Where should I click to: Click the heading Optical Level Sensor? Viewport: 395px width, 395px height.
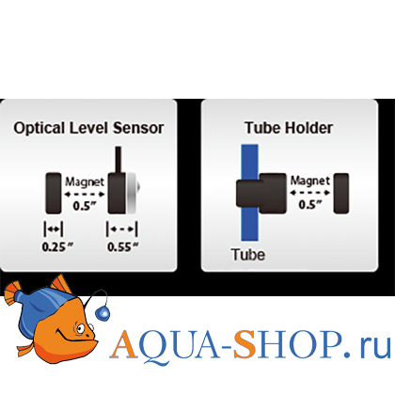click(x=88, y=128)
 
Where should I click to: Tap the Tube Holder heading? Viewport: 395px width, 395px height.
click(x=289, y=128)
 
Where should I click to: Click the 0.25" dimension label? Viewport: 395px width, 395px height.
click(x=57, y=247)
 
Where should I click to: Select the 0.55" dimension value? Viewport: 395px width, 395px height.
click(x=123, y=247)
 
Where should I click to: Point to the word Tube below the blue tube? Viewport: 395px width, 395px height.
click(x=248, y=254)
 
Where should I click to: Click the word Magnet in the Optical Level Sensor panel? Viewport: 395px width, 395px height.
click(x=85, y=182)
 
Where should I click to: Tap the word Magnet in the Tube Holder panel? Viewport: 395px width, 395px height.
click(x=310, y=181)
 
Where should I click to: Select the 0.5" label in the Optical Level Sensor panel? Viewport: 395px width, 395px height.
click(x=85, y=206)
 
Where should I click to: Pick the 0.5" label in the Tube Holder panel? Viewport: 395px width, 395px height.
click(x=310, y=205)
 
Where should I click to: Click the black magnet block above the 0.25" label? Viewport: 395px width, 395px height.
click(x=54, y=193)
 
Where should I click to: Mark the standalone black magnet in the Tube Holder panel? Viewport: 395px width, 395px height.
click(x=341, y=194)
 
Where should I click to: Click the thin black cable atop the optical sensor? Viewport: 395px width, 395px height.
click(x=118, y=159)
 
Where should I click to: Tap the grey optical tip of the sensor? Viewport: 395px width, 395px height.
click(x=133, y=193)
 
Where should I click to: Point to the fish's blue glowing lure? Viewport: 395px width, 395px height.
click(x=102, y=313)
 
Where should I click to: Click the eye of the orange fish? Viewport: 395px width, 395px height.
click(x=80, y=328)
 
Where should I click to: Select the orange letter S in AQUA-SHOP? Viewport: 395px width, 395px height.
click(x=245, y=344)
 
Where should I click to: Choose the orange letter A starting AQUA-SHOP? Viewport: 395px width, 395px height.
click(x=124, y=344)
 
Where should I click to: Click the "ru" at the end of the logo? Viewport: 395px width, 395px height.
click(x=374, y=348)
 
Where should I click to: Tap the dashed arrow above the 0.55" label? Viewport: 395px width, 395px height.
click(x=122, y=229)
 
